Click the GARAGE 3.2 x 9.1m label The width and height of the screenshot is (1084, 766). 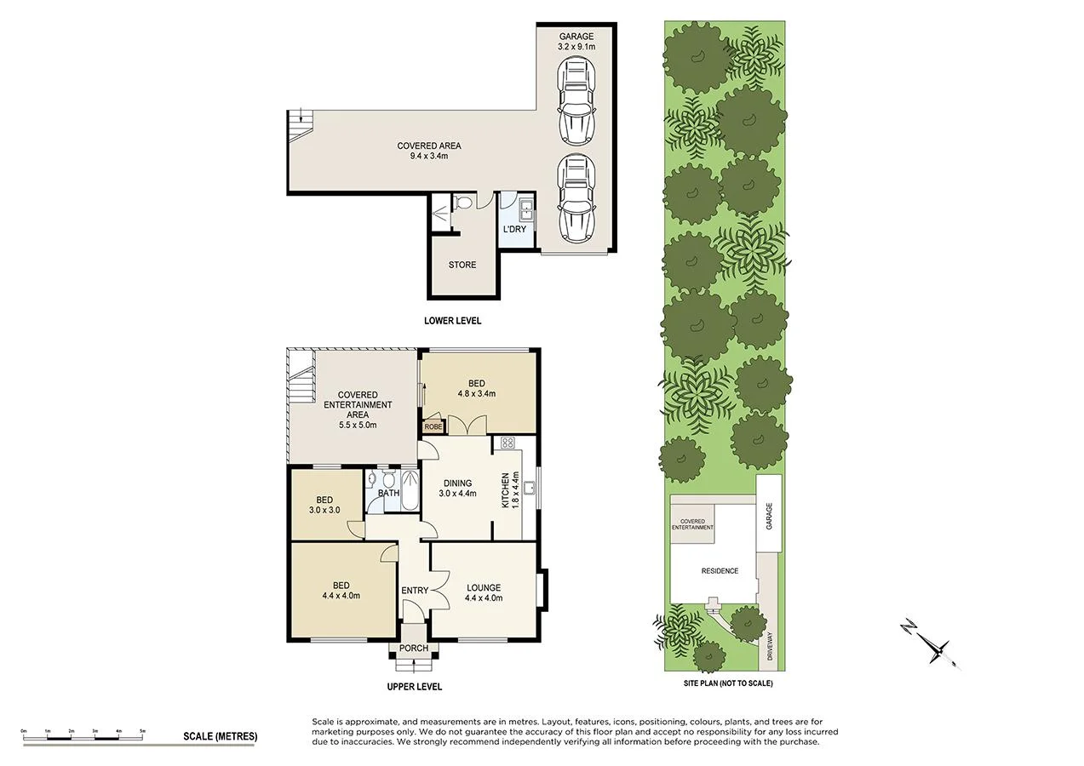[576, 42]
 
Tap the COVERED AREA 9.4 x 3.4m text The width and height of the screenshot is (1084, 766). [428, 151]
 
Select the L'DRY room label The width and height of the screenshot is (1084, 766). [513, 230]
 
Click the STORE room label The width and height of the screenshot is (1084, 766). [462, 265]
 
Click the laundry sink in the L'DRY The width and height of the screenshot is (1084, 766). [525, 205]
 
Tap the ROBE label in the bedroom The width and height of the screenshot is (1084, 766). [433, 428]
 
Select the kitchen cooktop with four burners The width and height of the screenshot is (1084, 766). [508, 442]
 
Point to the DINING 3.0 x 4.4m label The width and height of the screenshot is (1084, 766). [456, 488]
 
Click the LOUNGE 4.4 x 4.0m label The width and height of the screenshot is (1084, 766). [484, 592]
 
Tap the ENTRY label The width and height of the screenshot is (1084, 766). [415, 591]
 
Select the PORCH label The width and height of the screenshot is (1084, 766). [415, 649]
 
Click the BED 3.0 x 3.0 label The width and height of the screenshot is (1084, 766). [324, 506]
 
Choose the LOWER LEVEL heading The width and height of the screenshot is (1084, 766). [453, 321]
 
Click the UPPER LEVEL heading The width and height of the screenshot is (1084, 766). [414, 687]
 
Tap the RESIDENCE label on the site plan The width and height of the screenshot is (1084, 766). [720, 571]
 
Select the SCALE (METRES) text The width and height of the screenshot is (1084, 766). [220, 736]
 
